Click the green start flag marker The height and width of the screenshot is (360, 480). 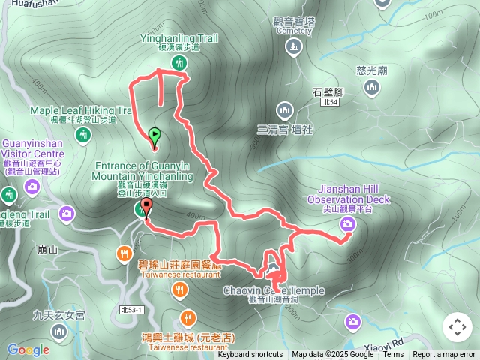154,136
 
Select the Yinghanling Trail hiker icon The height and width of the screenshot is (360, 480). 179,63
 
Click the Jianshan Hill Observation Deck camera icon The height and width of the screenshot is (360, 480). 348,223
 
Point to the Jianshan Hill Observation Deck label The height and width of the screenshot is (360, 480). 348,199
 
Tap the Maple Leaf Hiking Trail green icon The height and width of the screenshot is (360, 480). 83,135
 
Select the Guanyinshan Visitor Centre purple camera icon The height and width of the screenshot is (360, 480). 31,185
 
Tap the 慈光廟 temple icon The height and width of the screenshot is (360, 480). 371,88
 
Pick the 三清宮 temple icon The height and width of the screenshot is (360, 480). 283,111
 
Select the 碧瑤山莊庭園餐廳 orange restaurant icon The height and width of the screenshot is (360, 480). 124,254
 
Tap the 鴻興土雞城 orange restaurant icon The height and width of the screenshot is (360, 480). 187,316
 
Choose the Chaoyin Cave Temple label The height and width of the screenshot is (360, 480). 273,290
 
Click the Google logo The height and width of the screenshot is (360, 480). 28,349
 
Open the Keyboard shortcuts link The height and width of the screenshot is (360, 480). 250,355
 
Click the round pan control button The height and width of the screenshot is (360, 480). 457,327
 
